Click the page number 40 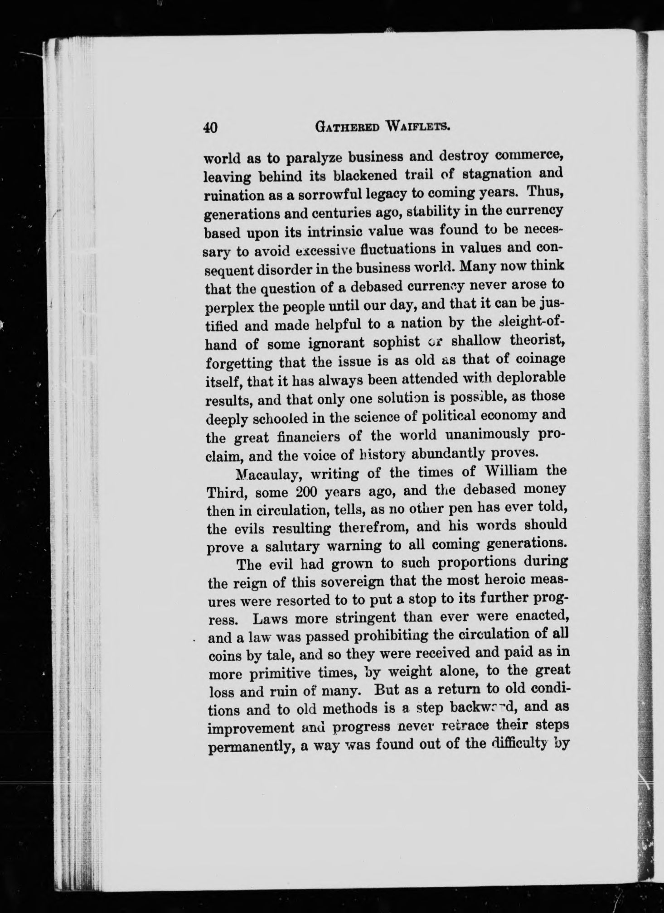pos(211,128)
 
